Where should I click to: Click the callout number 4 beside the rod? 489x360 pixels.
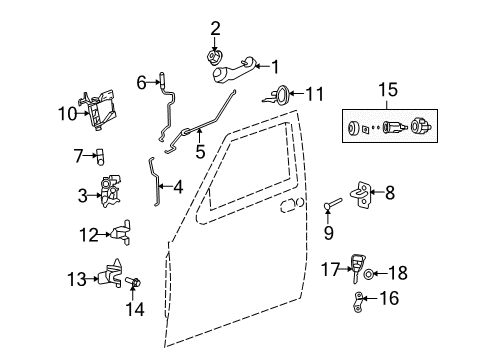pyautogui.click(x=177, y=185)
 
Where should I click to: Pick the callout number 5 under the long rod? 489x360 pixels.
pyautogui.click(x=200, y=154)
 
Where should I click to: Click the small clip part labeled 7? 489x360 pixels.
pyautogui.click(x=100, y=155)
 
